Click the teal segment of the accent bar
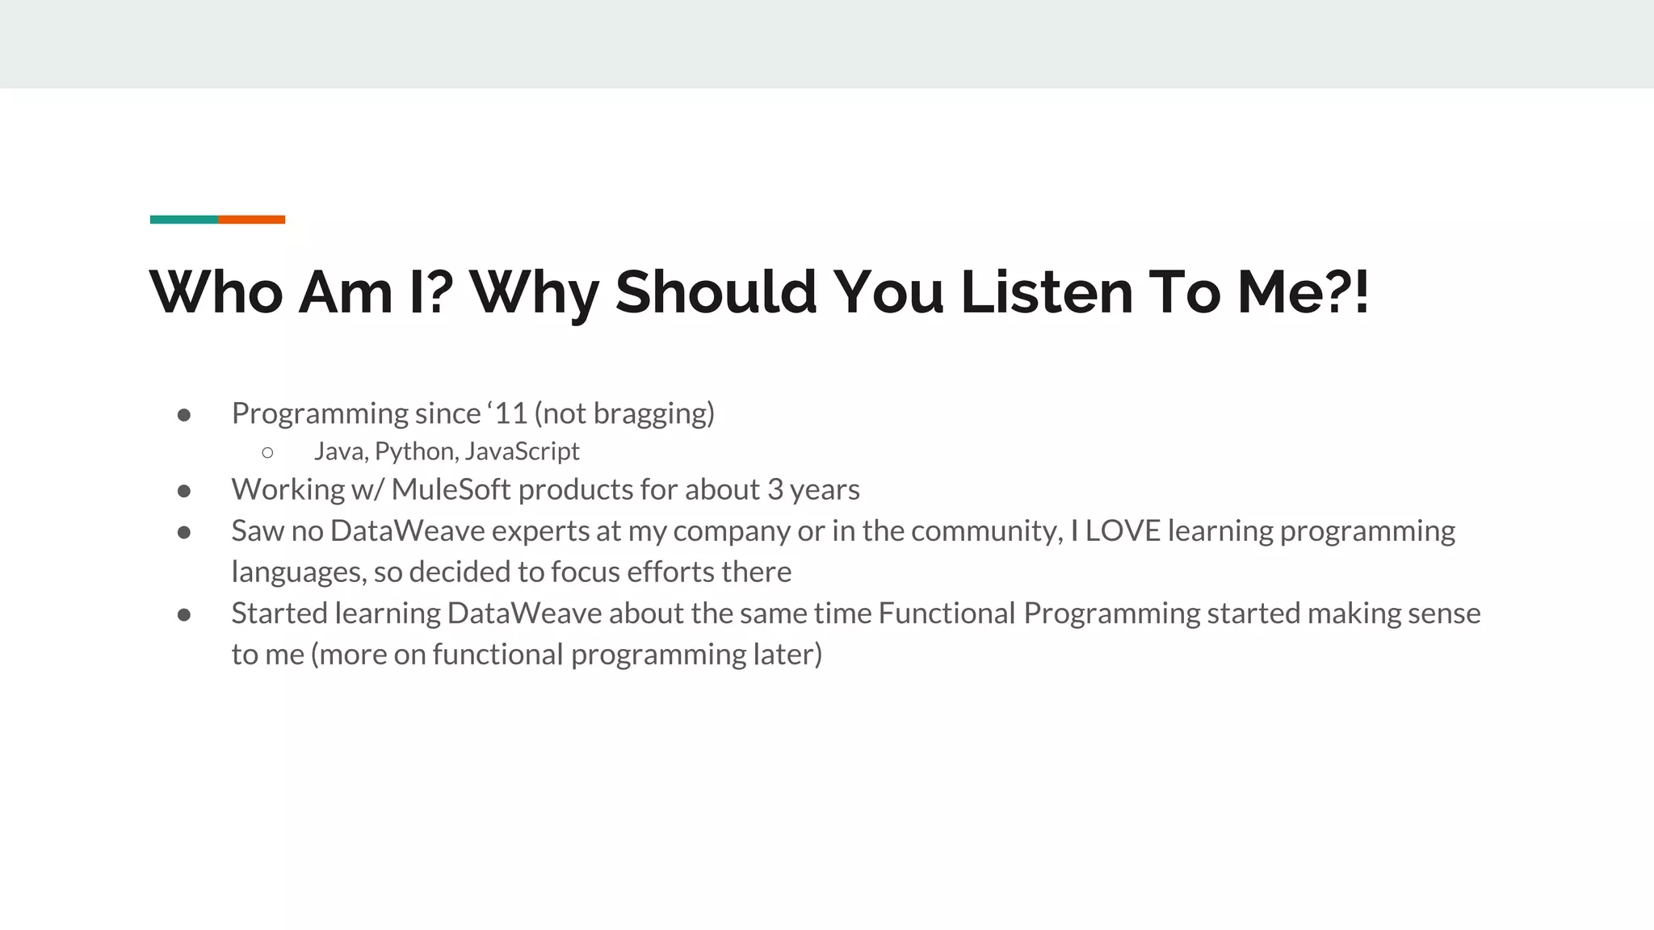click(183, 220)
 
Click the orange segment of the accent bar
click(251, 220)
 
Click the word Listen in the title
click(1047, 291)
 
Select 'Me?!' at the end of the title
click(1303, 291)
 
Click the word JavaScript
click(522, 451)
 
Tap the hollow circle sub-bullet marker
click(268, 453)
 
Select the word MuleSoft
click(451, 490)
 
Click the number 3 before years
click(775, 490)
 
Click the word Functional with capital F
click(946, 614)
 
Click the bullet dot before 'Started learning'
click(184, 615)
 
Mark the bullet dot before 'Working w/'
click(184, 491)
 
